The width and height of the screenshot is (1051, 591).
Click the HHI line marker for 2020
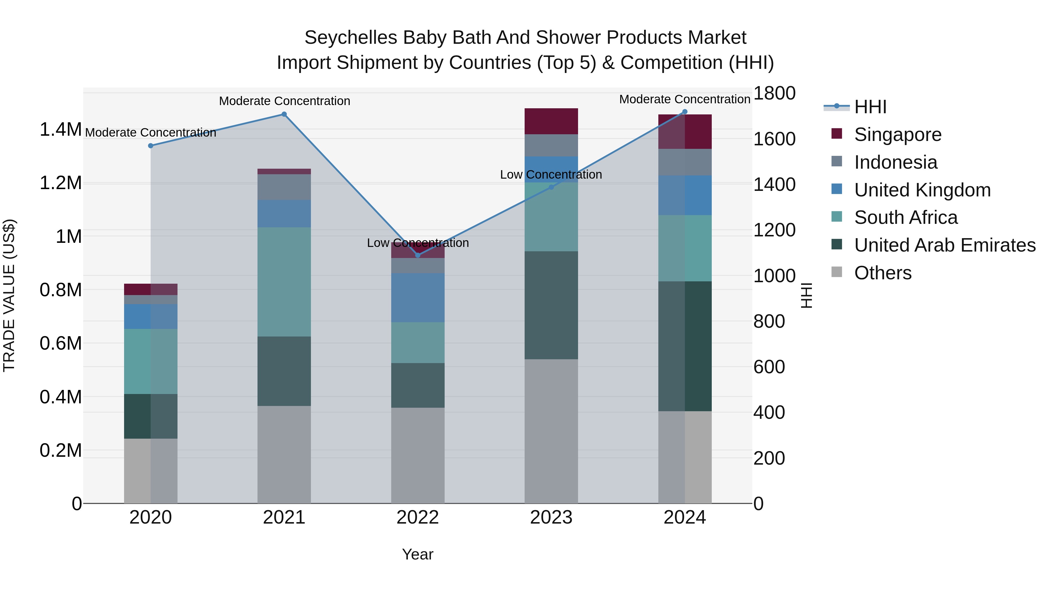pyautogui.click(x=151, y=146)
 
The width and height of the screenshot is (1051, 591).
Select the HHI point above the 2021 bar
pyautogui.click(x=284, y=114)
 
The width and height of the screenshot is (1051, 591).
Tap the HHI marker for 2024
pyautogui.click(x=685, y=112)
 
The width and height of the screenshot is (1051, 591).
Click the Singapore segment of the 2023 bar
pyautogui.click(x=551, y=121)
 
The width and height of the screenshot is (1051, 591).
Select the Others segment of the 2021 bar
pyautogui.click(x=284, y=454)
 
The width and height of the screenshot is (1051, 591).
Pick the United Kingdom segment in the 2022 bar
pyautogui.click(x=417, y=298)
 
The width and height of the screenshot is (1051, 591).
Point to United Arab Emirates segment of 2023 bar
pyautogui.click(x=551, y=305)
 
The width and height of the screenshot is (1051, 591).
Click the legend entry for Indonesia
pyautogui.click(x=896, y=162)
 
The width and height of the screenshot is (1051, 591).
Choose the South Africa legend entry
pyautogui.click(x=905, y=217)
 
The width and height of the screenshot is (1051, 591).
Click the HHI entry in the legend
pyautogui.click(x=870, y=107)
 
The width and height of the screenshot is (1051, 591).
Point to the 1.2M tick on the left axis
pyautogui.click(x=60, y=183)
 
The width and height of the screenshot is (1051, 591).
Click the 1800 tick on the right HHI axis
pyautogui.click(x=774, y=93)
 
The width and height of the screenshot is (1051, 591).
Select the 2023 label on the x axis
pyautogui.click(x=551, y=517)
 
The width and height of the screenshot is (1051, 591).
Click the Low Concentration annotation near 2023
pyautogui.click(x=551, y=175)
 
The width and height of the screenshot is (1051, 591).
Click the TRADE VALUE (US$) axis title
pyautogui.click(x=9, y=295)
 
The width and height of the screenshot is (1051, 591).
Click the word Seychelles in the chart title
pyautogui.click(x=350, y=38)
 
